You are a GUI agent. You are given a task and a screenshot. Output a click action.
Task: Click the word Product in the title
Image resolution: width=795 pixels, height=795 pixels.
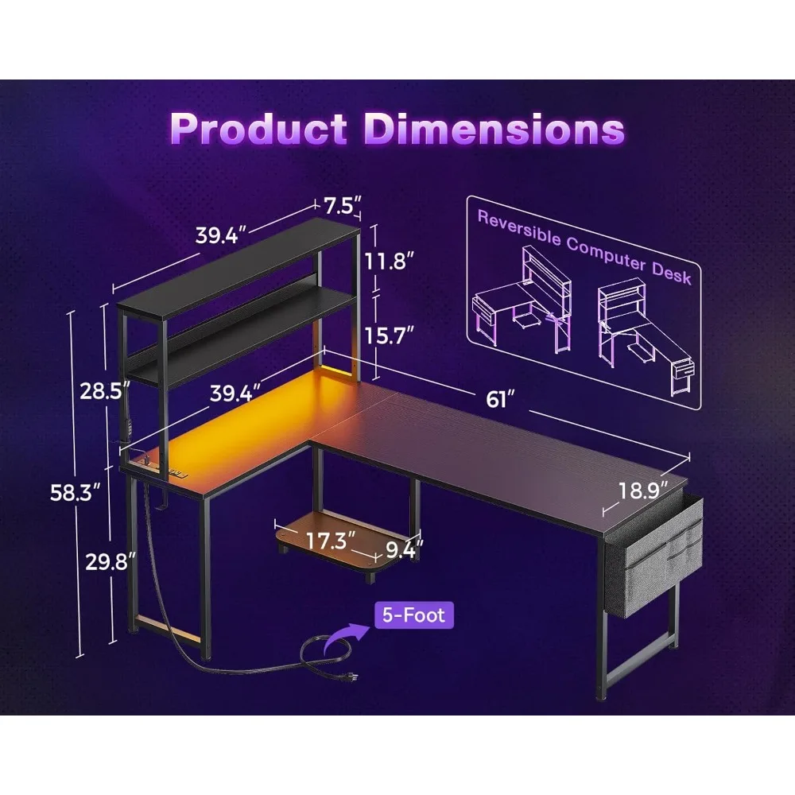(x=258, y=128)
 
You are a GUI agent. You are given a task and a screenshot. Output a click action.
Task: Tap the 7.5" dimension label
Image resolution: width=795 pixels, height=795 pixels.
(x=343, y=205)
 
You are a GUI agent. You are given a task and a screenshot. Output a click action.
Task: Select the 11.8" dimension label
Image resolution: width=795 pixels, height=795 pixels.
(x=390, y=262)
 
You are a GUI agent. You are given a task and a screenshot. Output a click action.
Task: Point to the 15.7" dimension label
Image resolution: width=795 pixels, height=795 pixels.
(x=390, y=335)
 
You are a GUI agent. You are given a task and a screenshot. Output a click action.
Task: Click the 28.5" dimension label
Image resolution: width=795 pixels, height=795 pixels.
(x=105, y=391)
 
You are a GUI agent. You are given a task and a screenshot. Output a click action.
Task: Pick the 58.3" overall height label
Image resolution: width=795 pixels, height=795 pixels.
(x=76, y=492)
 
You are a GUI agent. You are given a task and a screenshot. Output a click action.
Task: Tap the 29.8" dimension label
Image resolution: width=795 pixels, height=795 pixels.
(x=111, y=561)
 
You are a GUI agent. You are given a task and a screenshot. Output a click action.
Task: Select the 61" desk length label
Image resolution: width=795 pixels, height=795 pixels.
(x=500, y=399)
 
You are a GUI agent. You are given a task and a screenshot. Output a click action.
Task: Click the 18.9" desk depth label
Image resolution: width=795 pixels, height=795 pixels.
(x=643, y=491)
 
